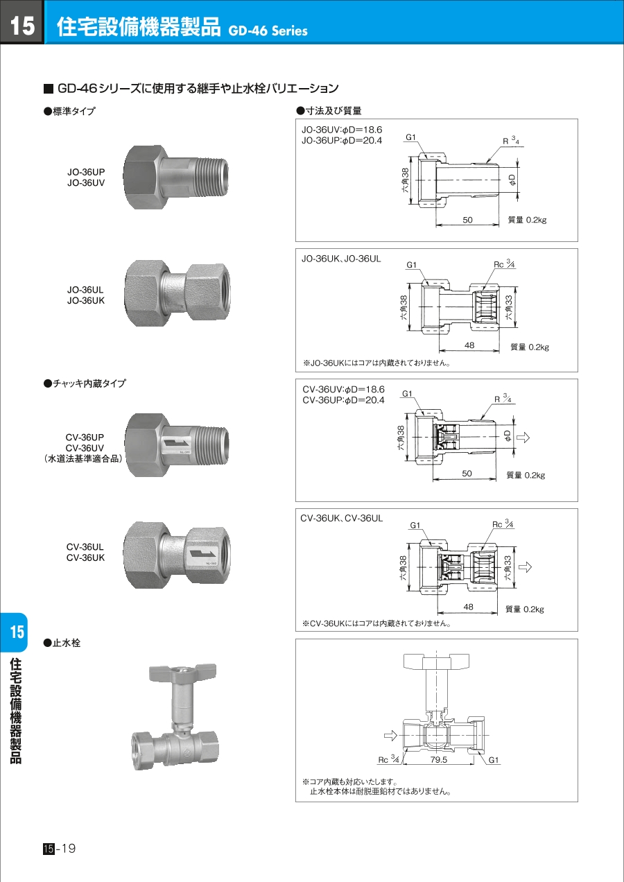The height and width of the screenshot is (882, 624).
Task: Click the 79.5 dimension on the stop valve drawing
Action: tap(439, 760)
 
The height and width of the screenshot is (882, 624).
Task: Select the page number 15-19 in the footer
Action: tap(59, 848)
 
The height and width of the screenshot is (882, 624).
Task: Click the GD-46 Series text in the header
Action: tap(268, 31)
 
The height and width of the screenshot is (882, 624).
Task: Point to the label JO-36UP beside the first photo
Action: tap(86, 172)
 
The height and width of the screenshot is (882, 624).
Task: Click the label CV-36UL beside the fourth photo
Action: tap(85, 547)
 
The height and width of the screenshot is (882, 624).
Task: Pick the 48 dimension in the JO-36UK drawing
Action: tap(469, 345)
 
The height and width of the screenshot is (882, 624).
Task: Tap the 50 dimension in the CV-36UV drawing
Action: tap(467, 474)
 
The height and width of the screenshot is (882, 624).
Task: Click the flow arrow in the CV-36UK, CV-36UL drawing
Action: tap(525, 567)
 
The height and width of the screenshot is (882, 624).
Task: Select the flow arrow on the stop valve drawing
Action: tap(390, 736)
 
